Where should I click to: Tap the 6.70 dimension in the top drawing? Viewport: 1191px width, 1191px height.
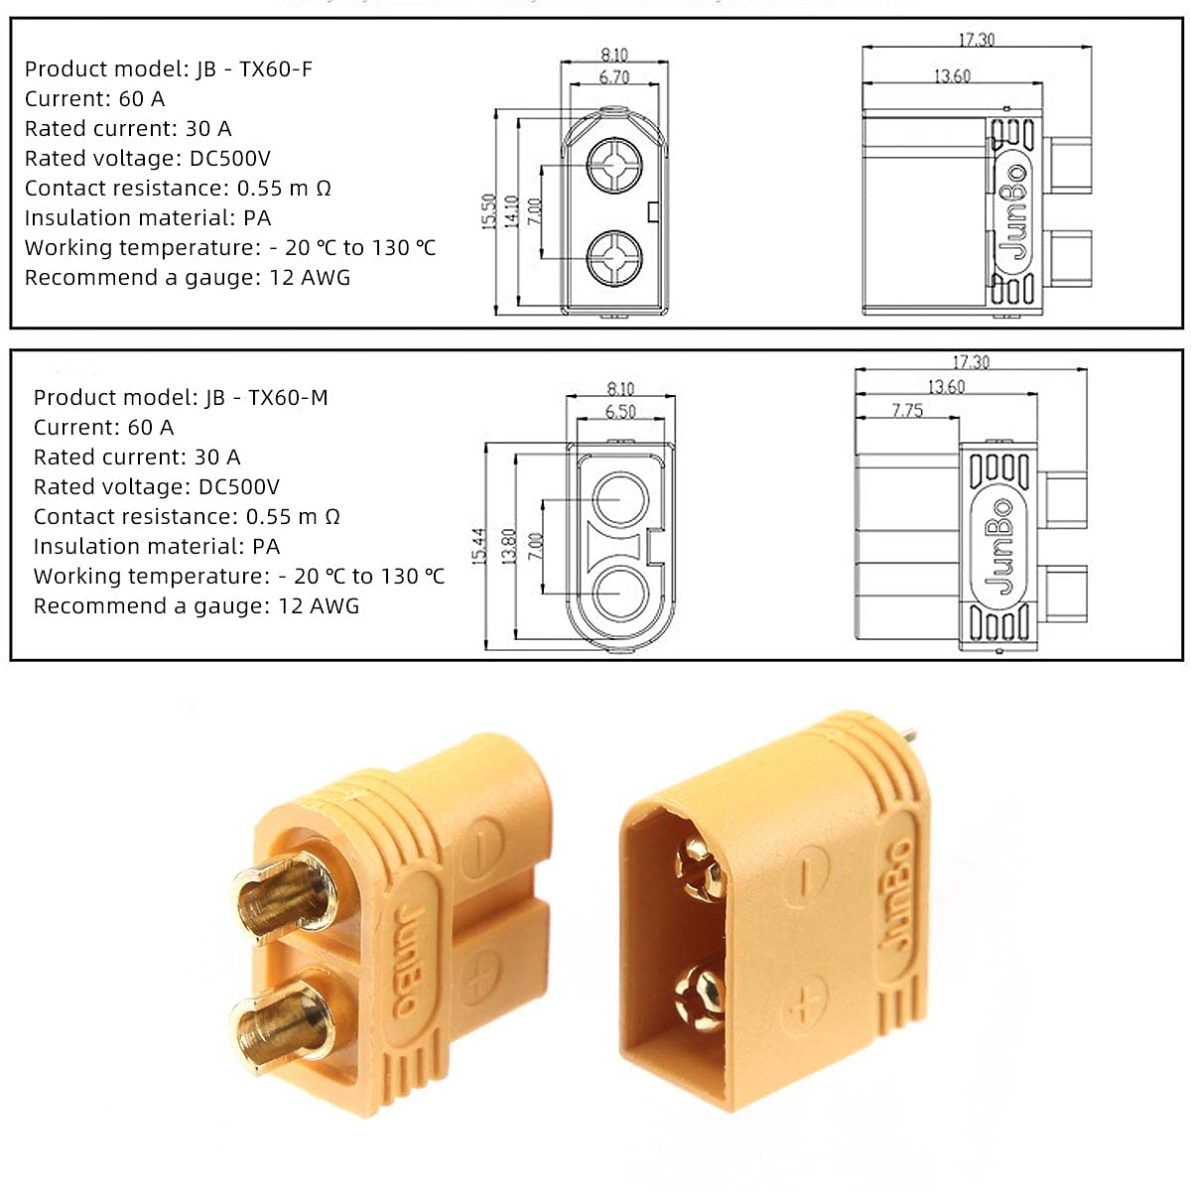coord(614,77)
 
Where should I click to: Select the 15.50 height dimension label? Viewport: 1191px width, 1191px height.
coord(488,211)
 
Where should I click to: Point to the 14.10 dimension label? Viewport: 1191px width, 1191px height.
coord(512,211)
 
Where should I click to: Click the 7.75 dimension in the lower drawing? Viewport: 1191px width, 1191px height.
coord(907,410)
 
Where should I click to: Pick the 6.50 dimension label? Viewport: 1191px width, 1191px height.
coord(620,411)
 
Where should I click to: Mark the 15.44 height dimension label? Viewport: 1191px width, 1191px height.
coord(479,547)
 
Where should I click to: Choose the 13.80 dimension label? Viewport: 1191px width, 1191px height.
coord(509,547)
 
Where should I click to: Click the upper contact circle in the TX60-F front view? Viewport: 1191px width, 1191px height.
coord(613,165)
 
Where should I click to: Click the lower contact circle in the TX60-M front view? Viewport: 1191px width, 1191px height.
coord(620,594)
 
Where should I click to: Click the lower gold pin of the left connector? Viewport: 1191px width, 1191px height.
coord(283,1022)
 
